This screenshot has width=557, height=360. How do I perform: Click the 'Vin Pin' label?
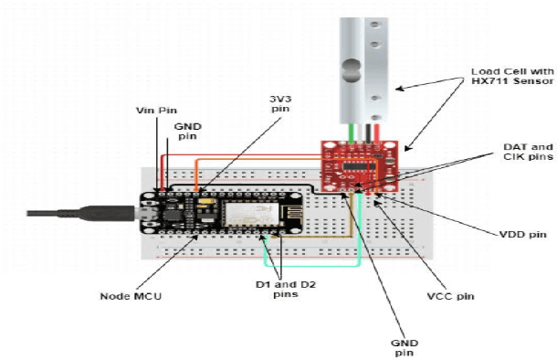(156, 111)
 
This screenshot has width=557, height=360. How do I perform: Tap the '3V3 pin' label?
(280, 103)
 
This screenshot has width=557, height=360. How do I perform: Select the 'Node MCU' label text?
(131, 296)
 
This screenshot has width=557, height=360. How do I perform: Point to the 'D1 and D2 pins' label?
(286, 290)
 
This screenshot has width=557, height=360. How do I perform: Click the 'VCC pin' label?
(450, 296)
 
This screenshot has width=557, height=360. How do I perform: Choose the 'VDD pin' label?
(523, 235)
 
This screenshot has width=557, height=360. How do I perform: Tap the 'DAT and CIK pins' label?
(528, 152)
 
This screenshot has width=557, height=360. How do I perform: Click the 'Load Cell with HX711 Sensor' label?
(512, 76)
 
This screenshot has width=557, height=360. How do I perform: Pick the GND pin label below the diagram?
(405, 348)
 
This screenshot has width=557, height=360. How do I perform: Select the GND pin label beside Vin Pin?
(187, 132)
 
